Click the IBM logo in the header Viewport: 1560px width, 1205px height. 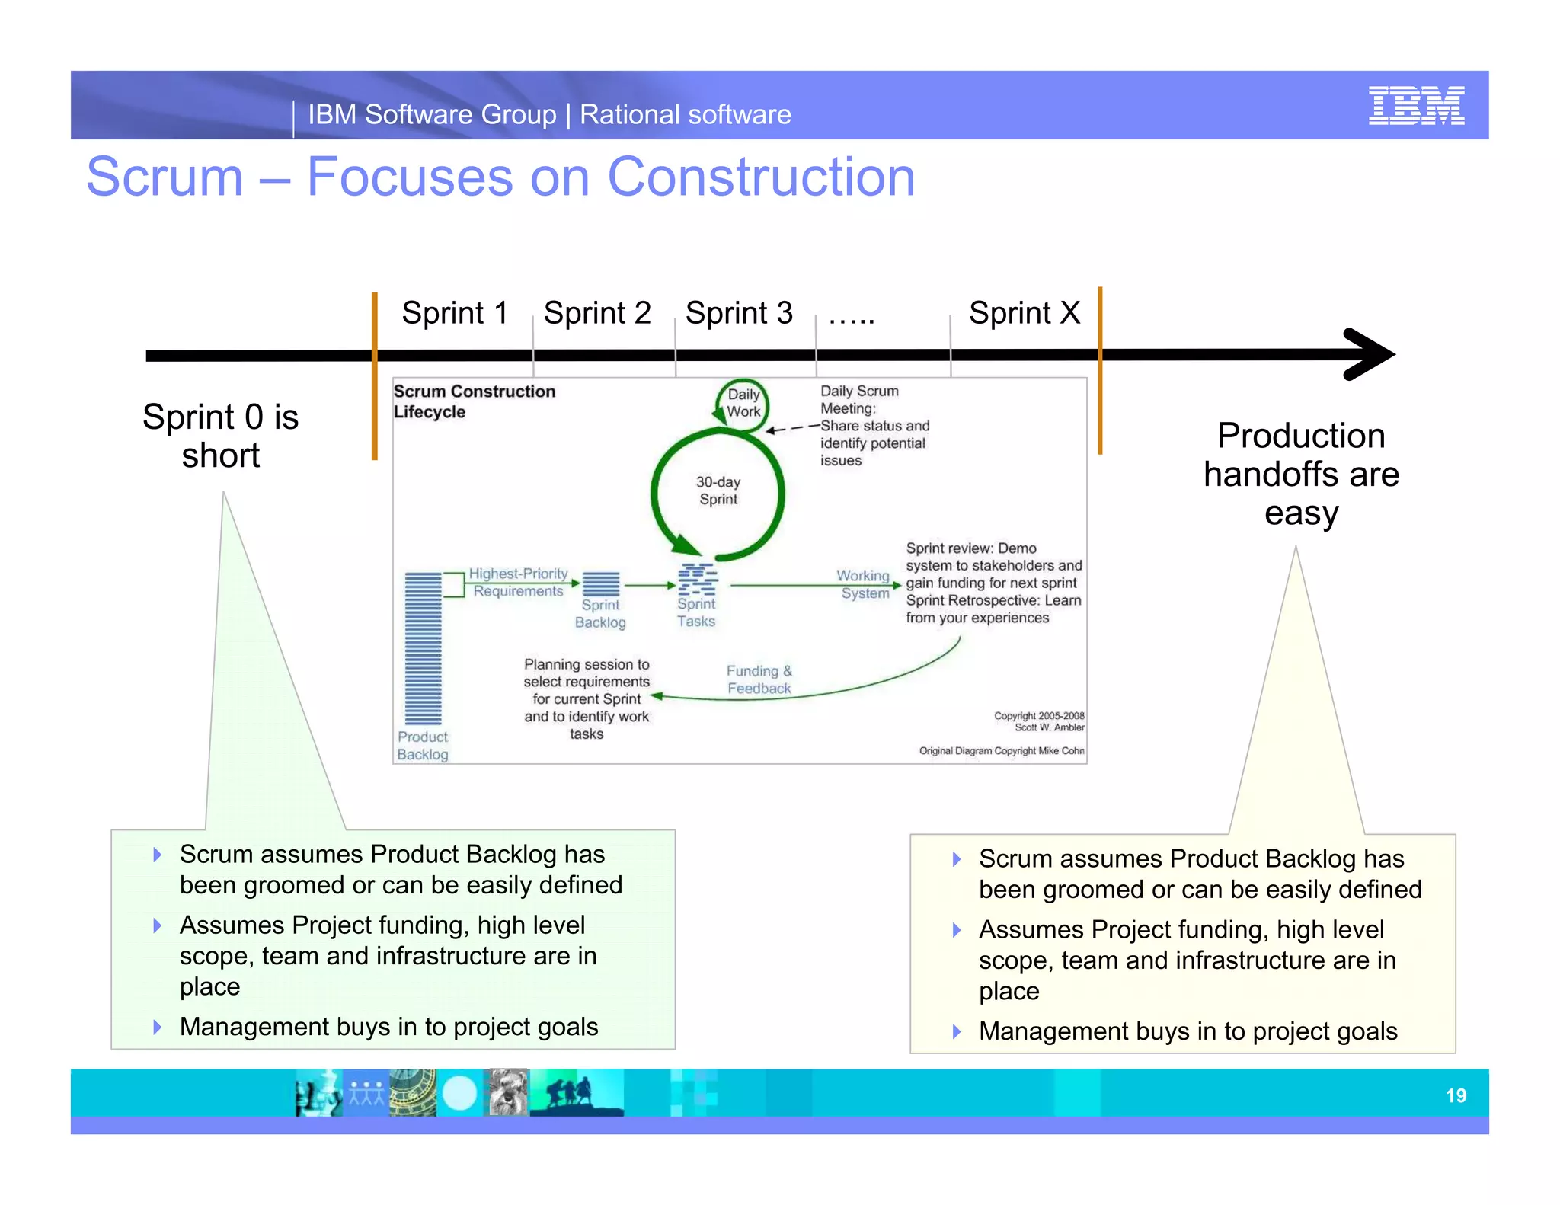coord(1415,106)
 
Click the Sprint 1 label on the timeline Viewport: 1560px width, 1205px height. coord(455,313)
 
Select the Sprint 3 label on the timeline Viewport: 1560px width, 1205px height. coord(739,313)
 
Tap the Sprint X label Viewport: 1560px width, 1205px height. coord(1024,313)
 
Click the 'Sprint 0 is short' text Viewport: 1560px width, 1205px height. coord(221,436)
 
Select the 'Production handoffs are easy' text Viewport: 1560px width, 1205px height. coord(1301,474)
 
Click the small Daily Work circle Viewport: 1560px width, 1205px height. coord(743,404)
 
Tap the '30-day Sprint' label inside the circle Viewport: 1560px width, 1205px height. coord(718,491)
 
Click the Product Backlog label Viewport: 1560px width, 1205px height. coord(423,746)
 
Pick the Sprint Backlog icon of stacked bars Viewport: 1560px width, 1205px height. coord(601,584)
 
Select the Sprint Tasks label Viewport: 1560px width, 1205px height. coord(696,612)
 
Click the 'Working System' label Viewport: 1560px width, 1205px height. coord(864,584)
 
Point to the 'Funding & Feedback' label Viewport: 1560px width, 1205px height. coord(759,679)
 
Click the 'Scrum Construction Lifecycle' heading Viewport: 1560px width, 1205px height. coord(474,401)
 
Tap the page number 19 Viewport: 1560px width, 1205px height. coord(1455,1095)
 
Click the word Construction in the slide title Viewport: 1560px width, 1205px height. coord(760,177)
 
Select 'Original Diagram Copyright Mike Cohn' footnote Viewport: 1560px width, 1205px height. coord(1001,751)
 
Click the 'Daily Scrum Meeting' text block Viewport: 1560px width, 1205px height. coord(874,425)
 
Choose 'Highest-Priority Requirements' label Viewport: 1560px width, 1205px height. coord(518,583)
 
